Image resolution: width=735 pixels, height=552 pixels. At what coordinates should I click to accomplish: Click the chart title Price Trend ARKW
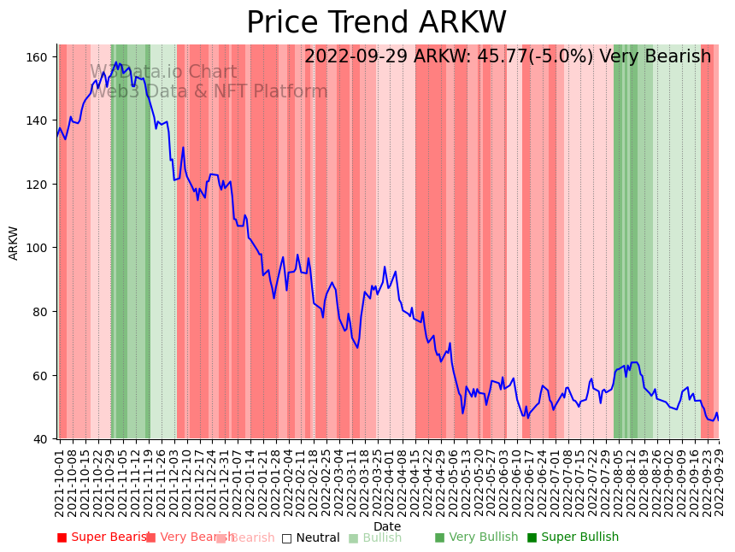(376, 22)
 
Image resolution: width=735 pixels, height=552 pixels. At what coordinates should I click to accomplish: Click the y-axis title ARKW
(14, 243)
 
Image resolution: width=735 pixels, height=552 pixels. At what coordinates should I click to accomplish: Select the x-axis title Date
(387, 526)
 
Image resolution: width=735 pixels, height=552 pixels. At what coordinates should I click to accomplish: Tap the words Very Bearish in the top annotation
(655, 57)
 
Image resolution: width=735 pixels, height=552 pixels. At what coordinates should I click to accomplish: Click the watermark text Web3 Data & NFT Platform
(209, 91)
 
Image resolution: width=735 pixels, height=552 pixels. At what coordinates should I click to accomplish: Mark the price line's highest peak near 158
(116, 62)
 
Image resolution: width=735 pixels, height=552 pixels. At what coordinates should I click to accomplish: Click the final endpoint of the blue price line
(718, 420)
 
